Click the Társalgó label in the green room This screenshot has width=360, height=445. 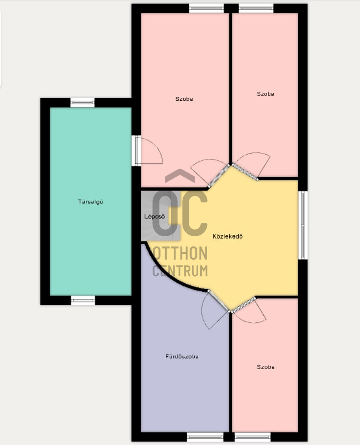(x=91, y=202)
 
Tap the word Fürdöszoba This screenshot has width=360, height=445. (x=182, y=356)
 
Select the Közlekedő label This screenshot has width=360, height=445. (x=228, y=236)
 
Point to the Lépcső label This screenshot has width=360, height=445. (x=155, y=217)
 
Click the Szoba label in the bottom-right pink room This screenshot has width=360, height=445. (x=265, y=367)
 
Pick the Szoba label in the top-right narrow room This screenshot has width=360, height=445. (x=265, y=94)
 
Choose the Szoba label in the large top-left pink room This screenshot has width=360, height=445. (x=184, y=99)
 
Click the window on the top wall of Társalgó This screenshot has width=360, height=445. (x=83, y=103)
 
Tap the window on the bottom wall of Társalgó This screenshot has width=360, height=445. (x=83, y=300)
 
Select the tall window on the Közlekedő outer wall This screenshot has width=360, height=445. (x=303, y=225)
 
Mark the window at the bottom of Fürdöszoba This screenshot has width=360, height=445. (x=205, y=437)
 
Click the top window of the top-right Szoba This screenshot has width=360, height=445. (x=256, y=8)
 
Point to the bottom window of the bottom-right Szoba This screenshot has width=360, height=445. (x=252, y=437)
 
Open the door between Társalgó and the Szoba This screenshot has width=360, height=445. (x=138, y=151)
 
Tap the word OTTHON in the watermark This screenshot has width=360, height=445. (x=180, y=254)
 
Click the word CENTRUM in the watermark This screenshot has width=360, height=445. (x=180, y=270)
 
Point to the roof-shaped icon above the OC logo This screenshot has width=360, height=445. (x=180, y=175)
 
